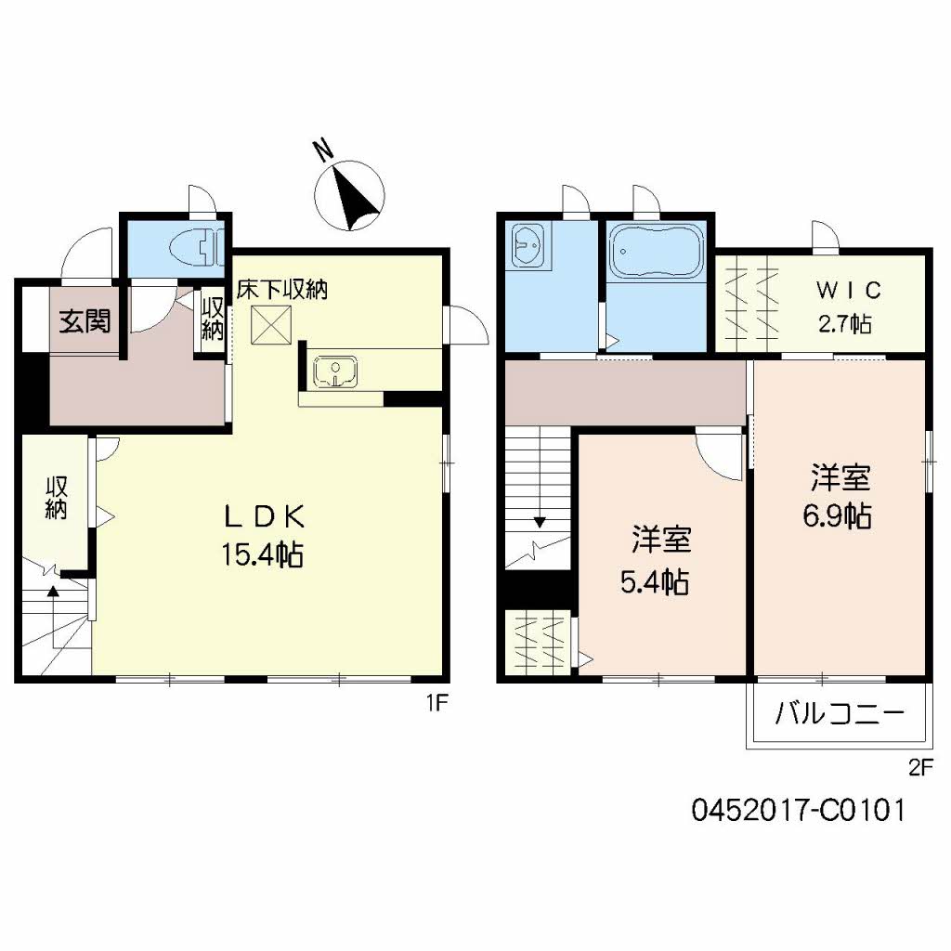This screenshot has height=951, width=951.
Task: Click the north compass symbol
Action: click(350, 192)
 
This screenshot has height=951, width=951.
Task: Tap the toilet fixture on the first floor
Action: click(196, 246)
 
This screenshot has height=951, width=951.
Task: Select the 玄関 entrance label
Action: click(85, 322)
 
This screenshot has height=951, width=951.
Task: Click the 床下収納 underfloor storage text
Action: click(281, 289)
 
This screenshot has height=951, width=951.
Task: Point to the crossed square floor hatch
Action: click(272, 324)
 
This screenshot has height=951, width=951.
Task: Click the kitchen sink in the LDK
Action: click(335, 372)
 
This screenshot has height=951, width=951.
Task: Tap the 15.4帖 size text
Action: click(263, 554)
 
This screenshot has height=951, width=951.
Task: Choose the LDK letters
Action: click(263, 515)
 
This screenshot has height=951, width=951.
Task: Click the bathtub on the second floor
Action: click(656, 249)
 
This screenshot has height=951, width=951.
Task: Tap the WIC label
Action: click(847, 291)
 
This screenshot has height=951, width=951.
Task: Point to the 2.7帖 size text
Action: click(843, 325)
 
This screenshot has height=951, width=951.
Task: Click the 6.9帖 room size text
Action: click(837, 515)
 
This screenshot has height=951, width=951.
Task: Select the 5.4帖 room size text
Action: click(654, 582)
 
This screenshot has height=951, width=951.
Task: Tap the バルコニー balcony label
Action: click(839, 715)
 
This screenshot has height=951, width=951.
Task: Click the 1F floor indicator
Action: click(437, 703)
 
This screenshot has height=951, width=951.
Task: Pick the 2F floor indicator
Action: click(918, 767)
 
